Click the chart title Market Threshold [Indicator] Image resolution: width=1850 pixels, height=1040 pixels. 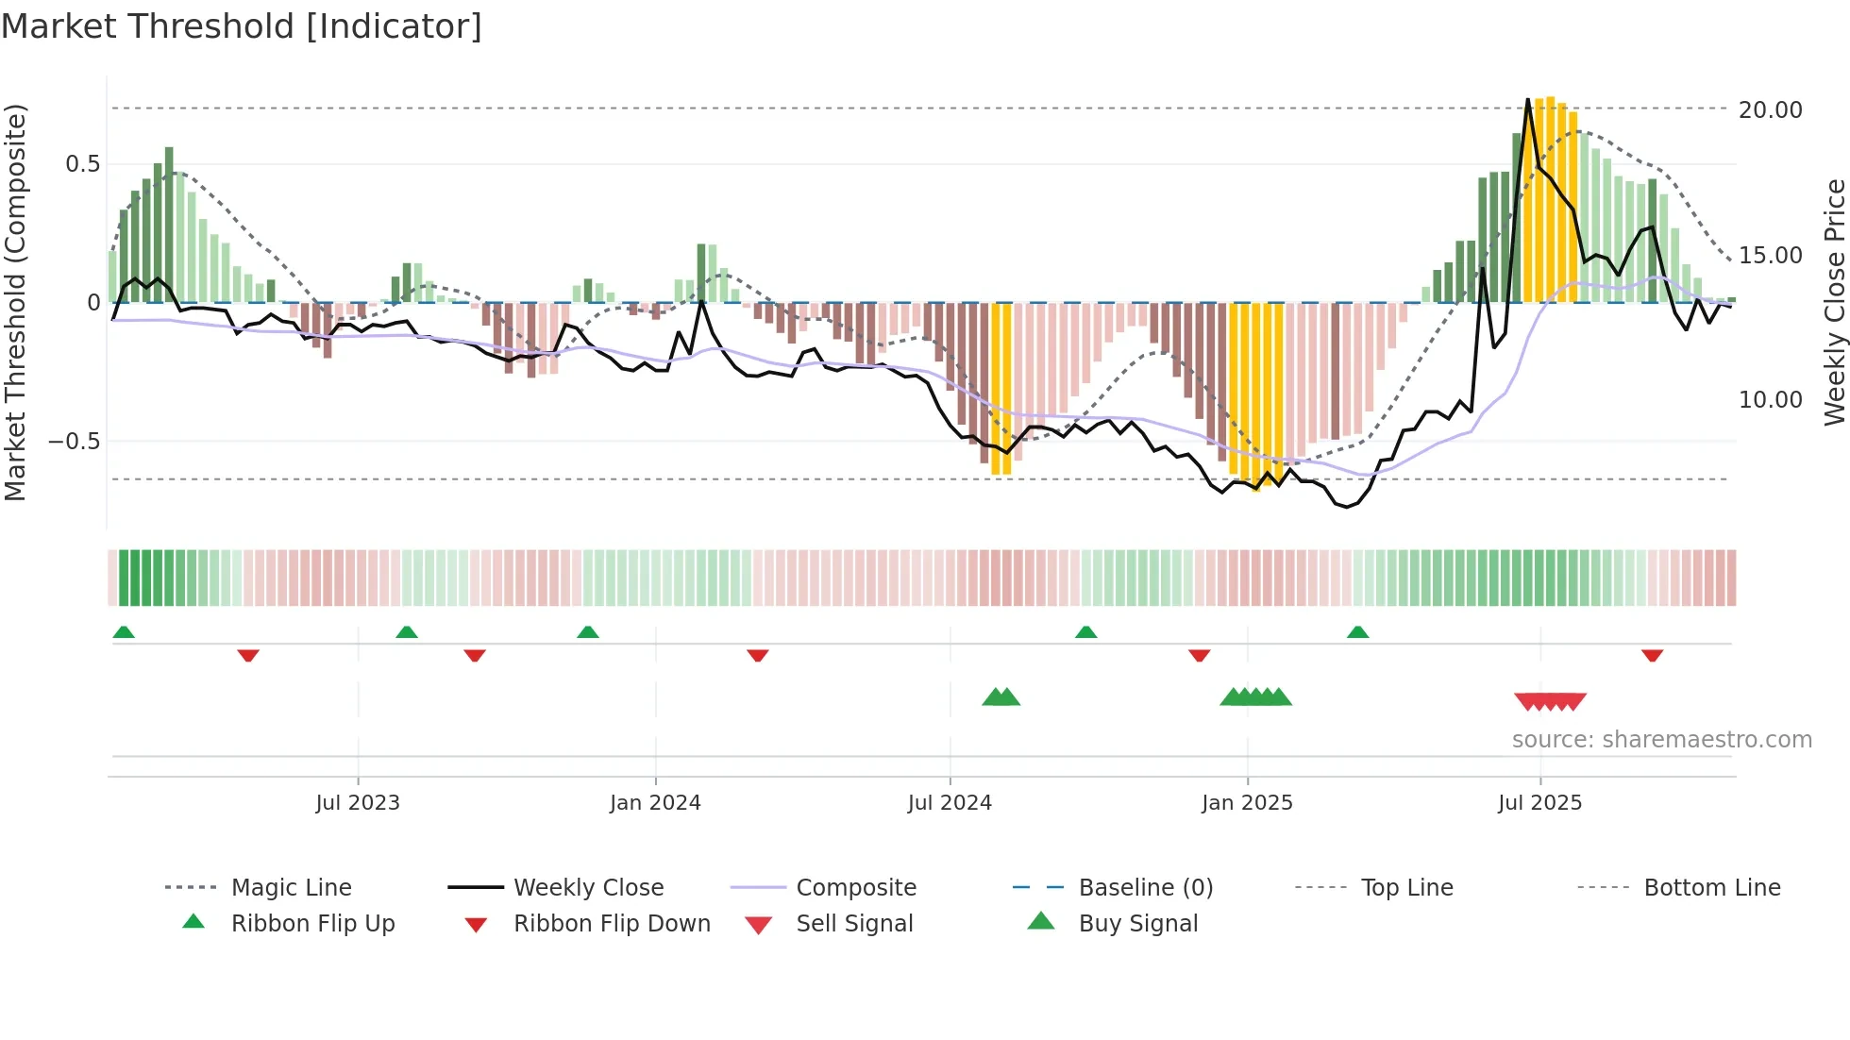click(x=242, y=25)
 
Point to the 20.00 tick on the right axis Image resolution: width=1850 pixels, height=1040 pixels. click(x=1770, y=110)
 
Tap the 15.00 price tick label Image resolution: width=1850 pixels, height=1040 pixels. click(x=1770, y=256)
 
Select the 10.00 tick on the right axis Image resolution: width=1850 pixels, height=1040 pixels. click(x=1770, y=400)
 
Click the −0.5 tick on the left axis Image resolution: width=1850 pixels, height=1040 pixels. click(x=75, y=442)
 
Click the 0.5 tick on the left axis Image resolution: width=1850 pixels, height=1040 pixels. click(x=82, y=164)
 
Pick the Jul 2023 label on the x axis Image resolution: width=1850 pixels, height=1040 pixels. click(x=358, y=803)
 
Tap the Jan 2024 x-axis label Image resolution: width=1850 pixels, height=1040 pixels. click(x=655, y=803)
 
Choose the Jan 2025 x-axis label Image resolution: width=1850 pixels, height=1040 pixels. click(x=1247, y=803)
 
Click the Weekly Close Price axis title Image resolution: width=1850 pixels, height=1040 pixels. click(x=1834, y=302)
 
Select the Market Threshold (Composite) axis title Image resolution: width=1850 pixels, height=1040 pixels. click(x=15, y=302)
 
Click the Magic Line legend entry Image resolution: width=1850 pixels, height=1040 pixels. click(x=291, y=888)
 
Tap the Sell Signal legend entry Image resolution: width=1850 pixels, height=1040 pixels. click(x=854, y=924)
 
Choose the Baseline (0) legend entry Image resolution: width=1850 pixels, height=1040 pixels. click(x=1145, y=888)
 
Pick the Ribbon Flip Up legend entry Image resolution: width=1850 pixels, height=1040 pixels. click(x=312, y=924)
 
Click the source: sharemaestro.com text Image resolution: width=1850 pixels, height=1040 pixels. click(x=1661, y=740)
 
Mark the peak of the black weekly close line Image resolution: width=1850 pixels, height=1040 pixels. click(x=1528, y=100)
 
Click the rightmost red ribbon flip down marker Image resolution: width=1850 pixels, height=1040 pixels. click(x=1652, y=655)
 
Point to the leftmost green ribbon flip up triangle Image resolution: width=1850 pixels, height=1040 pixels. click(x=124, y=632)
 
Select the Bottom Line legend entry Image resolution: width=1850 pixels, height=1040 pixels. click(x=1711, y=888)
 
